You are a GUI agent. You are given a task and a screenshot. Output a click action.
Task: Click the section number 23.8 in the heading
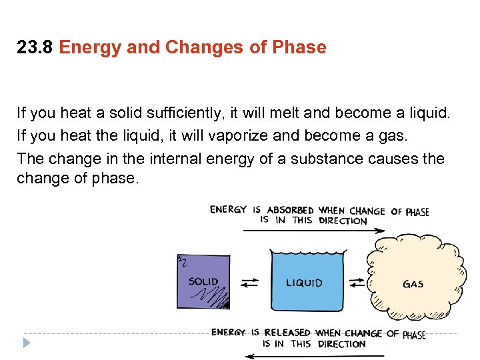click(x=35, y=48)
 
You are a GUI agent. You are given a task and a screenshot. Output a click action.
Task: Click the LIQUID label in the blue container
click(x=304, y=283)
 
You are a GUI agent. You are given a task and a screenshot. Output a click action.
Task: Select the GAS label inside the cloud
click(x=413, y=284)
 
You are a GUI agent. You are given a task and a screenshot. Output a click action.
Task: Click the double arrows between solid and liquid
click(x=249, y=283)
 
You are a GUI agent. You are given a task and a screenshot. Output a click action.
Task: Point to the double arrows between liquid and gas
click(x=357, y=283)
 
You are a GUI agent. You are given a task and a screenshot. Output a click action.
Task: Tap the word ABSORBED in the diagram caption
click(x=290, y=210)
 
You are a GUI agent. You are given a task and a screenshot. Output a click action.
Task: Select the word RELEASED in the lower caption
click(x=288, y=333)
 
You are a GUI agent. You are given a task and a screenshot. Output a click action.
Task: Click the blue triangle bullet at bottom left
click(x=26, y=344)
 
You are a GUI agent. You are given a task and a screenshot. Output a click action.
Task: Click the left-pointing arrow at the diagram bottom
click(x=313, y=355)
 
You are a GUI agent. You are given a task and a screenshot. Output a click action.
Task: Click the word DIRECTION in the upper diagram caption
click(x=343, y=221)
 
